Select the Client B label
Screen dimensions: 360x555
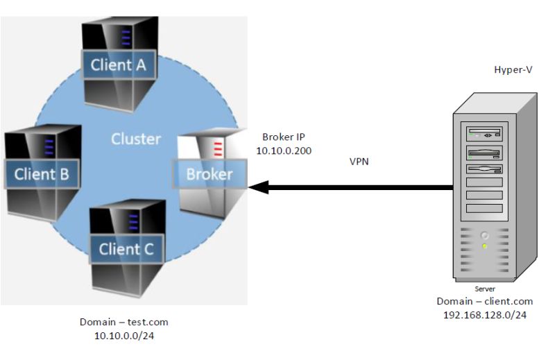click(42, 173)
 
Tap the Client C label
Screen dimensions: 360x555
click(126, 248)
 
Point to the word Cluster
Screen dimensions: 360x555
click(136, 139)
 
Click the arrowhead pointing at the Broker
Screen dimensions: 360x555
click(258, 187)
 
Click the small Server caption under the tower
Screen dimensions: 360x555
click(485, 289)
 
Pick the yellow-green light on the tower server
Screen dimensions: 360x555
click(485, 246)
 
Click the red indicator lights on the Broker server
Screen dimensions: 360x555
click(217, 148)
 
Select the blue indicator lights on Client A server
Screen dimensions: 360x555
click(126, 35)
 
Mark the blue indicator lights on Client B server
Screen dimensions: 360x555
click(49, 146)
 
